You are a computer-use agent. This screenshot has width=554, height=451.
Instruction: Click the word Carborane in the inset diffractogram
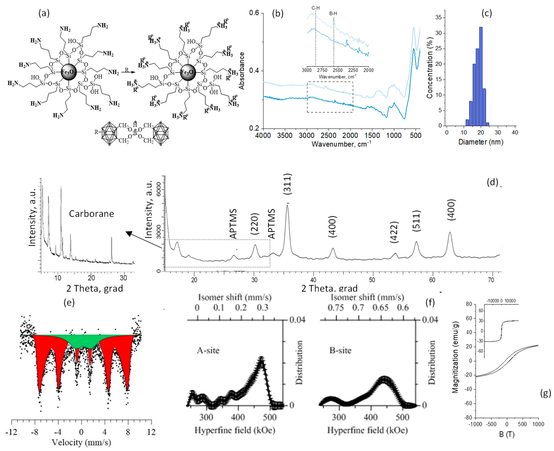tap(91, 214)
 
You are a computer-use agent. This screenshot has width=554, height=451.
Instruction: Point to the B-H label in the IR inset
tap(333, 14)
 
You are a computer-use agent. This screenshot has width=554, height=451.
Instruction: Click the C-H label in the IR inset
tap(315, 8)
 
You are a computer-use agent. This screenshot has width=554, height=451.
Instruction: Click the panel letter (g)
tap(545, 394)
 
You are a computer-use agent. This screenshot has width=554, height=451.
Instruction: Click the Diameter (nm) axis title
tap(481, 142)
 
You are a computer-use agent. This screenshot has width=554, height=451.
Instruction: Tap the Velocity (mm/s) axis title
tap(81, 442)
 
